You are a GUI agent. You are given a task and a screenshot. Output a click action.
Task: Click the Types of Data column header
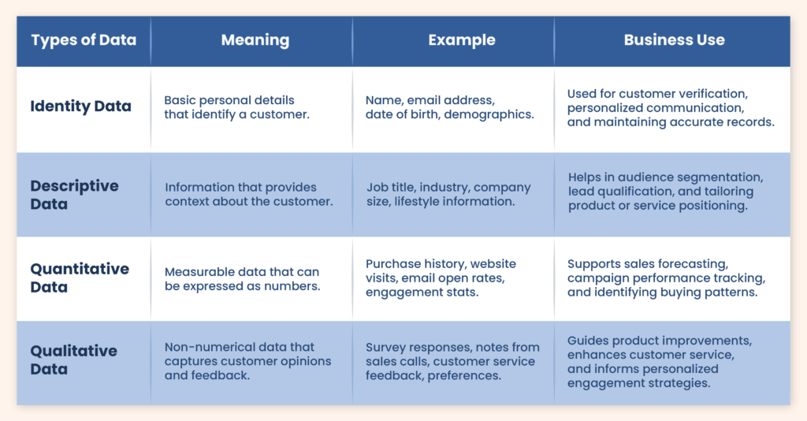[x=84, y=40]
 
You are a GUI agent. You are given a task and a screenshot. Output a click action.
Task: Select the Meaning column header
[x=255, y=40]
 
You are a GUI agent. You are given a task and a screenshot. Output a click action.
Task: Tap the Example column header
[x=462, y=40]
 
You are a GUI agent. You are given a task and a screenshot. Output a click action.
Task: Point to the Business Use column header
[x=675, y=39]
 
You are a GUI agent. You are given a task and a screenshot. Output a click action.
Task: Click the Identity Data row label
[x=81, y=106]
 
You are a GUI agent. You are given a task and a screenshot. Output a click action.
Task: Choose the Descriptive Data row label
[x=75, y=195]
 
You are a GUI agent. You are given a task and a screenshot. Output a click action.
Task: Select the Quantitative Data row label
[x=80, y=278]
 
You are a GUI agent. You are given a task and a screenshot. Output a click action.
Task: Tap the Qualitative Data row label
[x=73, y=360]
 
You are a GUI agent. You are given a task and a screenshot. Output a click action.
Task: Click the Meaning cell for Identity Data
[x=236, y=107]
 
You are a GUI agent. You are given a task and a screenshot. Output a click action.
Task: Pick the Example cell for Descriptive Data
[x=448, y=194]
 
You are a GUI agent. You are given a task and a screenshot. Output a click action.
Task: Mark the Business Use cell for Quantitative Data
[x=666, y=278]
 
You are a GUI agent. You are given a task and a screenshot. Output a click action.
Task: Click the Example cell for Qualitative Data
[x=452, y=361]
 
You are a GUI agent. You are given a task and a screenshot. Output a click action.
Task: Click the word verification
[x=713, y=94]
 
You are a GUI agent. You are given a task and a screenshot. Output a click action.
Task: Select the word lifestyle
[x=416, y=201]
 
